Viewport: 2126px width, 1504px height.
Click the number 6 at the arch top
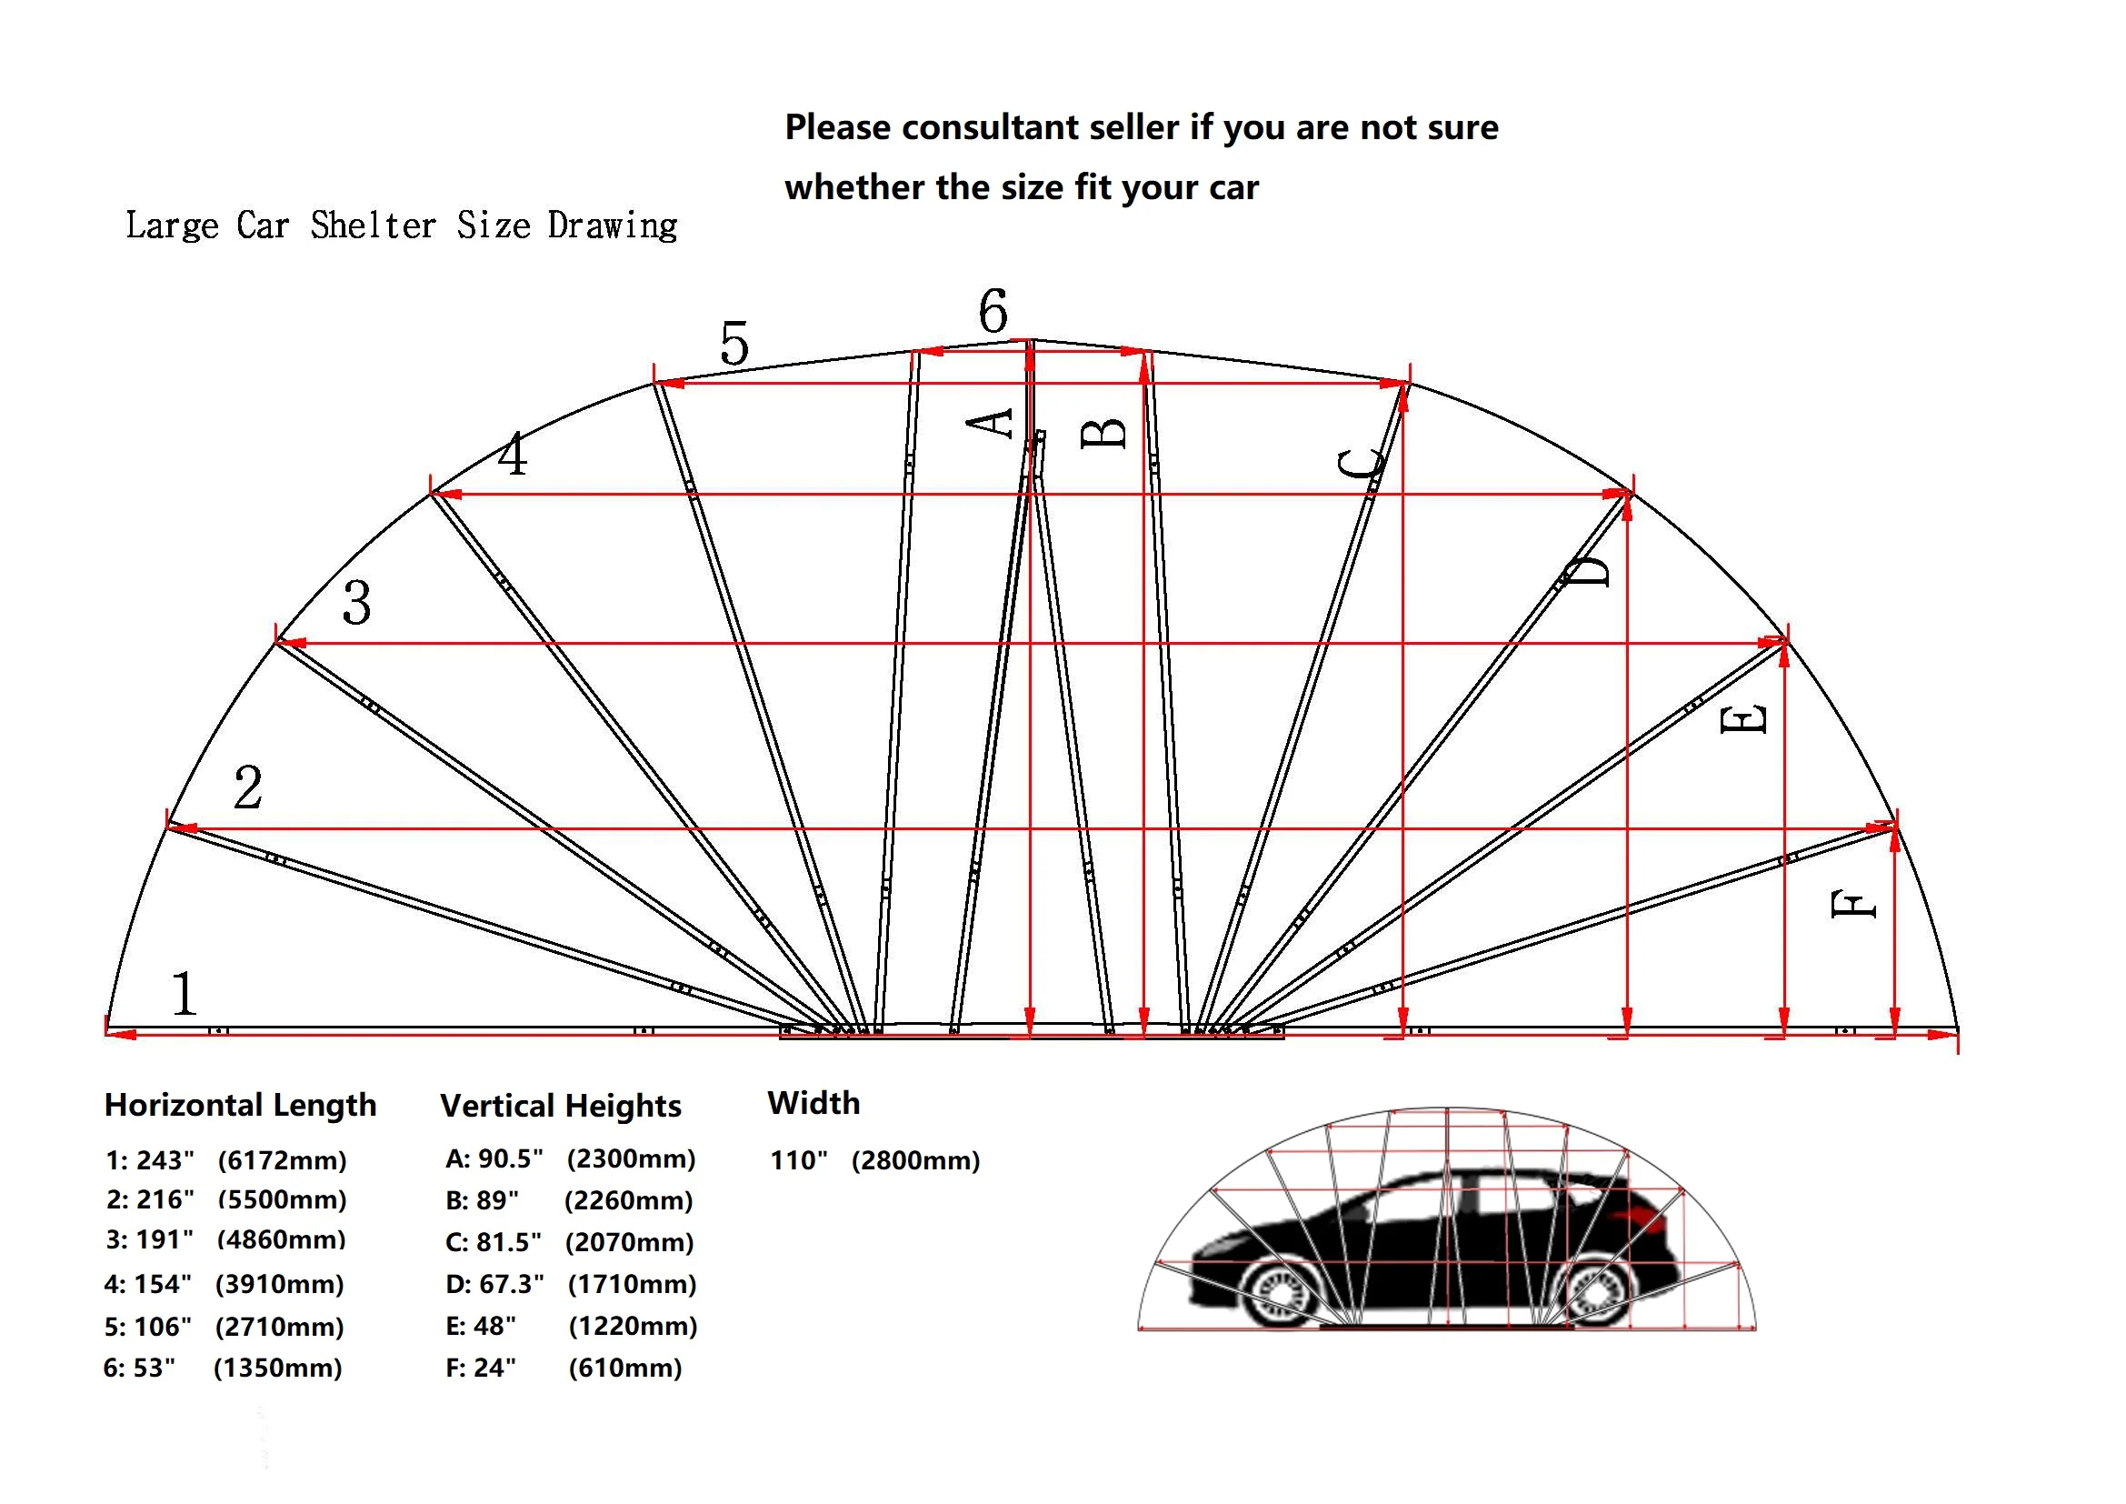993,311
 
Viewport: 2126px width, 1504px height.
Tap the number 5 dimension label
734,344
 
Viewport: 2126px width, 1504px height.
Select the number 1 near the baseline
184,994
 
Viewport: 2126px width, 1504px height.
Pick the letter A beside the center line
990,423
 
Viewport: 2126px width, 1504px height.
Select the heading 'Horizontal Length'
240,1105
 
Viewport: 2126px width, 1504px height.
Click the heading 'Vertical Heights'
560,1106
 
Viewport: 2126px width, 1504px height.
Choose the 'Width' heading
813,1103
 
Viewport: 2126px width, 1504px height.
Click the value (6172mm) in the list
282,1160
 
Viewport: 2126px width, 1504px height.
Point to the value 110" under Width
798,1160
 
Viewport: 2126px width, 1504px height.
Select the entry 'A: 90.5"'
494,1158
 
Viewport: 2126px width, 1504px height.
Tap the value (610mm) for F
625,1368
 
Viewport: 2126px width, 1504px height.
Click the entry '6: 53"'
139,1368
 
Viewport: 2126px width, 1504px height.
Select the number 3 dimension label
356,603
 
